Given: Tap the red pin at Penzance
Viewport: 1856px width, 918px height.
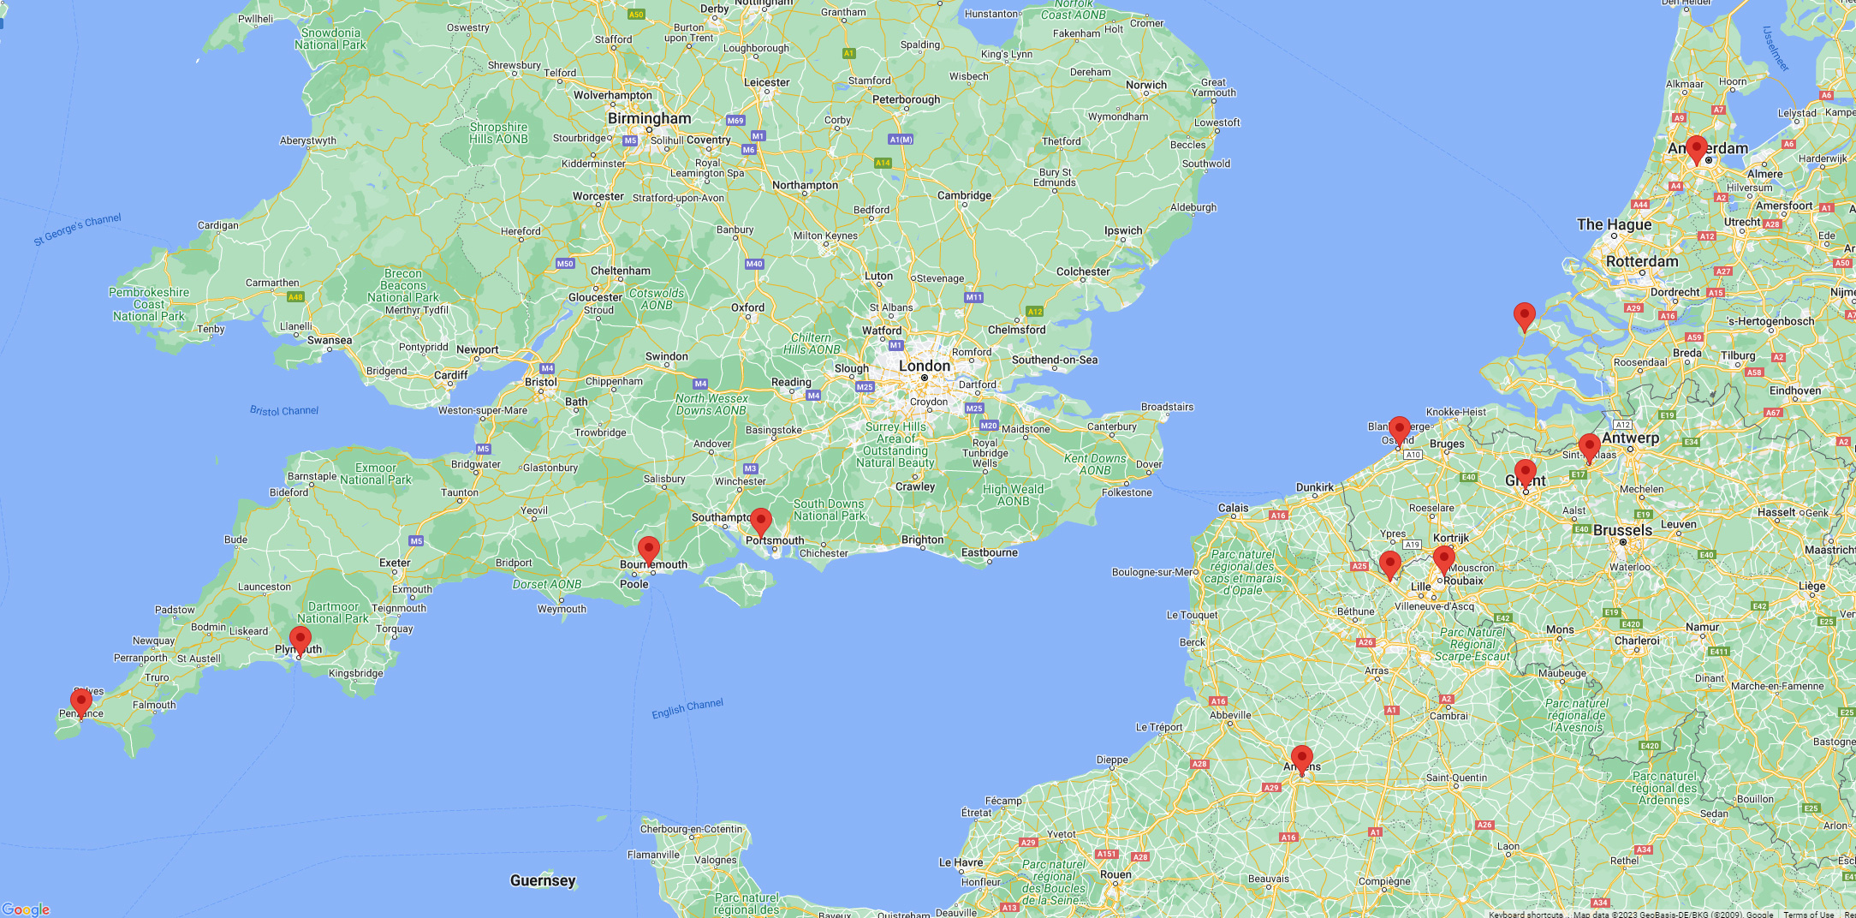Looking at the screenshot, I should [x=81, y=702].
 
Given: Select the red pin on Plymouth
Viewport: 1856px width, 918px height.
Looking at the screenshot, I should [x=300, y=639].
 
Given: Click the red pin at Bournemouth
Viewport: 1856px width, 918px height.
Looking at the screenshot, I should [x=649, y=549].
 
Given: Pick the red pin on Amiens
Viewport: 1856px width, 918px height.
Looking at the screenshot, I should [x=1302, y=758].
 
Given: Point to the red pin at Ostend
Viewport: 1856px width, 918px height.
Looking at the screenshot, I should [x=1400, y=429].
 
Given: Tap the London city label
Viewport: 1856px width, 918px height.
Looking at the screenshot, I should [x=925, y=366].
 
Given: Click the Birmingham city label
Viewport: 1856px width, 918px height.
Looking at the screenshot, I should [x=649, y=118].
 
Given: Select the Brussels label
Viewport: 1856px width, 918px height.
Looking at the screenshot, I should [x=1622, y=530].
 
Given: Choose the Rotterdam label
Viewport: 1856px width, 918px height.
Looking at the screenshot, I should [x=1642, y=261].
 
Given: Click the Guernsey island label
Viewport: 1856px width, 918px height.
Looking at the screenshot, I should [x=543, y=880].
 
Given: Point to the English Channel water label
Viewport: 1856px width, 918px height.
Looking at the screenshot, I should [x=687, y=708].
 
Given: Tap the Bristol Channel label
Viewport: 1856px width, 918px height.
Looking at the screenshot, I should [x=284, y=411].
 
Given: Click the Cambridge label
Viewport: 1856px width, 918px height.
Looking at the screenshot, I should [x=964, y=195].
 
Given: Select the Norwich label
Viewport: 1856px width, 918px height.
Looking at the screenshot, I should [x=1146, y=85].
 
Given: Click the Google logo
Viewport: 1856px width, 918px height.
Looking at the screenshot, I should [x=26, y=909].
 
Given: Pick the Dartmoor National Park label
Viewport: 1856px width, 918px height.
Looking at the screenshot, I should [x=333, y=612].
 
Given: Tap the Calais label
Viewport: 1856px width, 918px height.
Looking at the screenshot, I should [x=1233, y=508].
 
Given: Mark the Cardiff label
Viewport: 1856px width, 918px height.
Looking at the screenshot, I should [x=450, y=375].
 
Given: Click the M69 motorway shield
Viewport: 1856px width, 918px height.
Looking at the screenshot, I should [x=735, y=121].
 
